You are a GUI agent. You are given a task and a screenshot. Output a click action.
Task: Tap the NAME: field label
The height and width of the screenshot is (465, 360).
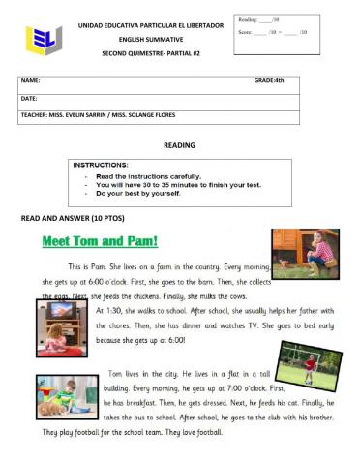click(x=30, y=81)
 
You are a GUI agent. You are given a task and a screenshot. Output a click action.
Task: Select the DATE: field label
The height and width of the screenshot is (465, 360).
click(x=29, y=98)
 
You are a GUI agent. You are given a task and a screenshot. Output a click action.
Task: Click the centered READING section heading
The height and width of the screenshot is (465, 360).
click(x=179, y=145)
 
